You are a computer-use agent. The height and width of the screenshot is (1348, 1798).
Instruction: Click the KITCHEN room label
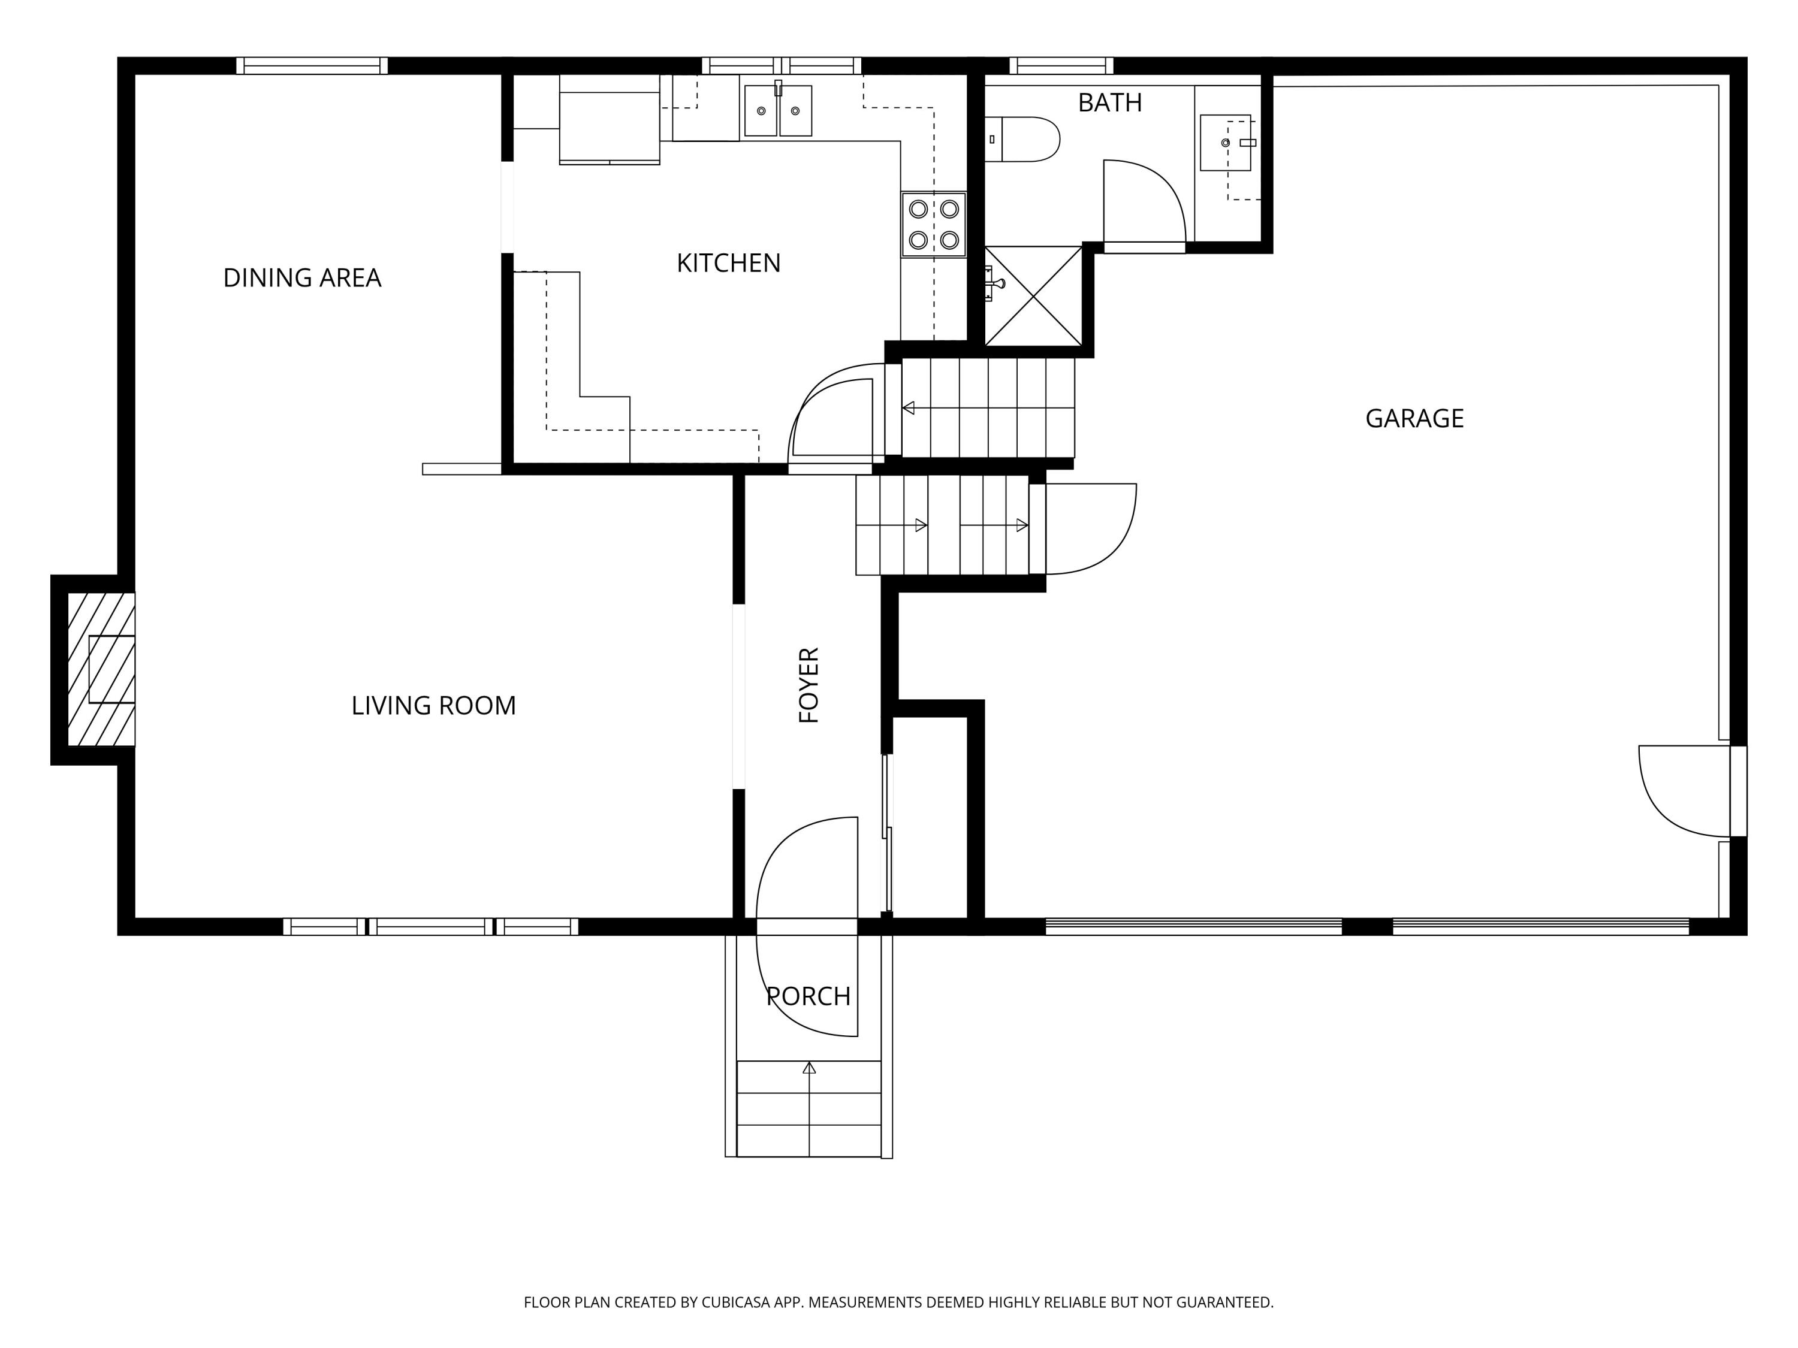click(x=728, y=263)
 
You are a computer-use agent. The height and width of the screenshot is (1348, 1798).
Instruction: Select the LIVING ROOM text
click(x=433, y=705)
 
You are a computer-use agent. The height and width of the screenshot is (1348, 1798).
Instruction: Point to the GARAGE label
click(x=1414, y=418)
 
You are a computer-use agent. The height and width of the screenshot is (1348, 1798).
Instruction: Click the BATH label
click(x=1109, y=103)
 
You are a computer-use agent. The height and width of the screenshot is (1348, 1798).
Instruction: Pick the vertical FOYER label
click(x=809, y=685)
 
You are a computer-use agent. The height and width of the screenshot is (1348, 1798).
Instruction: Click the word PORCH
click(x=808, y=996)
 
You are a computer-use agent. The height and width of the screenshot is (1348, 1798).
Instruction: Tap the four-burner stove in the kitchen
click(x=933, y=224)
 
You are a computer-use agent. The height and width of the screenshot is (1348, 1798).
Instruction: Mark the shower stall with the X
click(x=1033, y=296)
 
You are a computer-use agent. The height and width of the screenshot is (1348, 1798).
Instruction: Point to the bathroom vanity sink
click(x=1225, y=143)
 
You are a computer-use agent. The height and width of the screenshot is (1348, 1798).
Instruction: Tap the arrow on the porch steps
click(x=809, y=1068)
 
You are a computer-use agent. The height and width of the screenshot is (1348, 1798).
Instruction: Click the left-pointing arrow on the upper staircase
click(x=909, y=408)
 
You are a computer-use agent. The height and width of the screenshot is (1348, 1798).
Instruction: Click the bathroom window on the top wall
click(x=1061, y=66)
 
